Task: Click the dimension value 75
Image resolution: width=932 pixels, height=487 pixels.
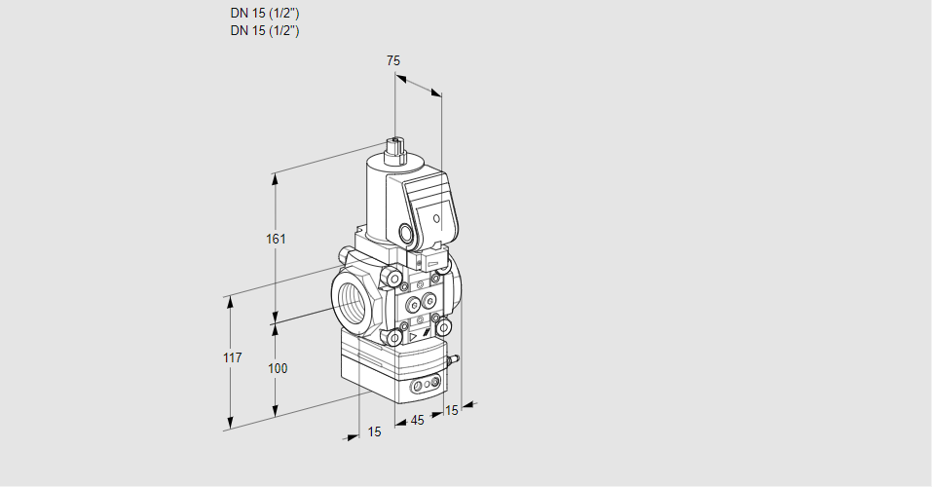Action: tap(393, 60)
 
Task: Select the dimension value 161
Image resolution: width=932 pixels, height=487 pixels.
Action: tap(276, 239)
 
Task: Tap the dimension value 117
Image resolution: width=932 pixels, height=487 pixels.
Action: tap(233, 358)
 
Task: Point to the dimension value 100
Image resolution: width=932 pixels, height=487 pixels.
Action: tap(277, 369)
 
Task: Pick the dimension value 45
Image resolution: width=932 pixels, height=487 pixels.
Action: tap(417, 421)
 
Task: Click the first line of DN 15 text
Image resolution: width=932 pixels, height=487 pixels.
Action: tap(265, 13)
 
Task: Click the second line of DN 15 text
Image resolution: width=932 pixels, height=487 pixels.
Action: tap(265, 31)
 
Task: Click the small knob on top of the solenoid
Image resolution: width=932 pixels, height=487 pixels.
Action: tap(394, 146)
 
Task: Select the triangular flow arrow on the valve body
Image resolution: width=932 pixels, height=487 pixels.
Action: tap(414, 337)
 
